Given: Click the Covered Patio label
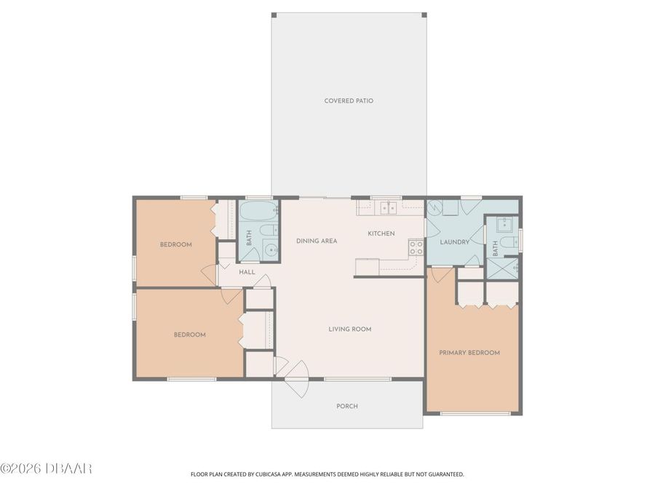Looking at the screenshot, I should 349,100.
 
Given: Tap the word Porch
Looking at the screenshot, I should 347,406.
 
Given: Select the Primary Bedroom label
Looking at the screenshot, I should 469,353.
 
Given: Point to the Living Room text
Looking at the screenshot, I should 350,329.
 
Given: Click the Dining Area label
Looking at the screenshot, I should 317,241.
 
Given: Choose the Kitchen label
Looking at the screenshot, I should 381,233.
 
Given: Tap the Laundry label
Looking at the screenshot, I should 454,241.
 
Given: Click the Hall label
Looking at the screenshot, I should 247,272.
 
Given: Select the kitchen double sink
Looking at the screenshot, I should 386,207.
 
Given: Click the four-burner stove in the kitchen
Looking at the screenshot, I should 416,247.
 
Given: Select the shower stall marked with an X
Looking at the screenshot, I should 502,268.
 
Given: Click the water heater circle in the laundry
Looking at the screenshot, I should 434,207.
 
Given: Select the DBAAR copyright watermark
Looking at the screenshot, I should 46,468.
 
